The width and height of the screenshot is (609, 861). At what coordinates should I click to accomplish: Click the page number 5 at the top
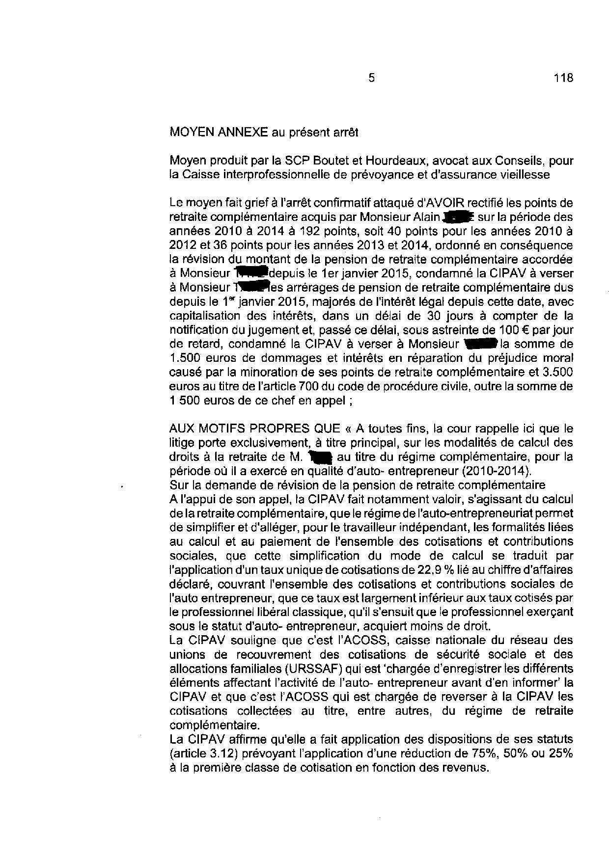(x=371, y=78)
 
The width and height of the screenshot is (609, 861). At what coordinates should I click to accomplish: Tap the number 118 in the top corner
(x=563, y=78)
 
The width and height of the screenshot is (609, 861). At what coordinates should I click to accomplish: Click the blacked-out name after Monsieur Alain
(x=457, y=216)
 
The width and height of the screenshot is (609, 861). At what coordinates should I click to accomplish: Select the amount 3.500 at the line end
(x=558, y=372)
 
